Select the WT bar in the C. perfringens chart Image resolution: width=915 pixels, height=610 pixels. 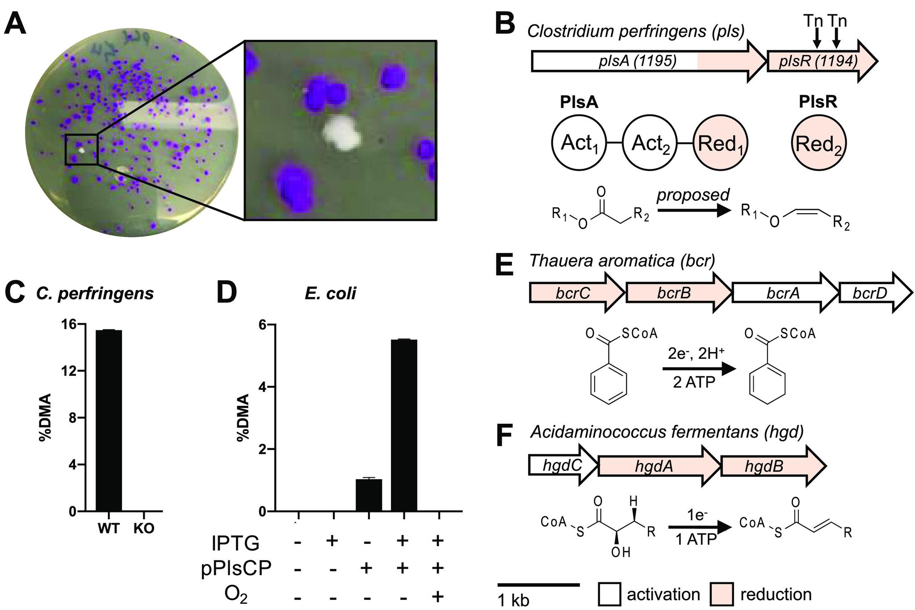pos(109,420)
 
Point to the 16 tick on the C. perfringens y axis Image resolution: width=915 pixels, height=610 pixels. pos(69,324)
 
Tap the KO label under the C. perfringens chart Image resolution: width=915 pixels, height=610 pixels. pos(144,529)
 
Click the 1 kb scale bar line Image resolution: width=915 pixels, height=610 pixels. pos(538,585)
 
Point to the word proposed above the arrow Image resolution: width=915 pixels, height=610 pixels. pos(693,195)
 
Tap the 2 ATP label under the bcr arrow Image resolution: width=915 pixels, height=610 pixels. pos(694,383)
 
